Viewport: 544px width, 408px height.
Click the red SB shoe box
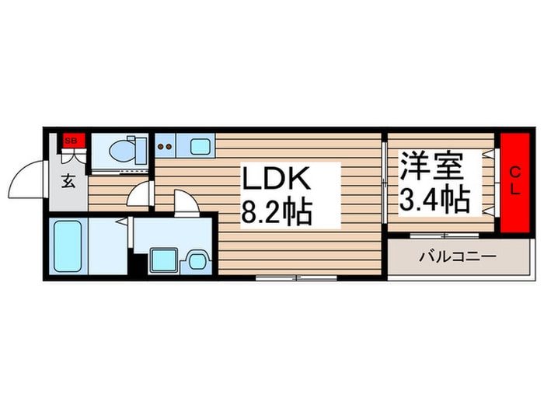(x=74, y=141)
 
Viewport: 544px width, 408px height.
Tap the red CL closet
(x=514, y=183)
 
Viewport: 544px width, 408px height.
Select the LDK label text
(x=276, y=178)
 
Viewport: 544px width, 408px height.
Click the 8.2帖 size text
(x=277, y=211)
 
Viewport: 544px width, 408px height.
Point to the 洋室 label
(x=431, y=166)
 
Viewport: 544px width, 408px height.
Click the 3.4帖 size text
(x=434, y=201)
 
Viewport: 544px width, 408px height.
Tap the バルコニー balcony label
(x=458, y=256)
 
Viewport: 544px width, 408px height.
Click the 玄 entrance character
(x=68, y=181)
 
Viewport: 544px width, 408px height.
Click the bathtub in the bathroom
(x=68, y=246)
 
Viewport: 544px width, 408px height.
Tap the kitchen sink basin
(x=201, y=146)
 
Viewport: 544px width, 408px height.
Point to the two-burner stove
(x=165, y=146)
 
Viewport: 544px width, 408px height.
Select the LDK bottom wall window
(x=296, y=278)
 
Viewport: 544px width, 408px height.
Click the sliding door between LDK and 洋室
(x=384, y=183)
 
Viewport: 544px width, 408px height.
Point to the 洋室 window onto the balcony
(x=445, y=235)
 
